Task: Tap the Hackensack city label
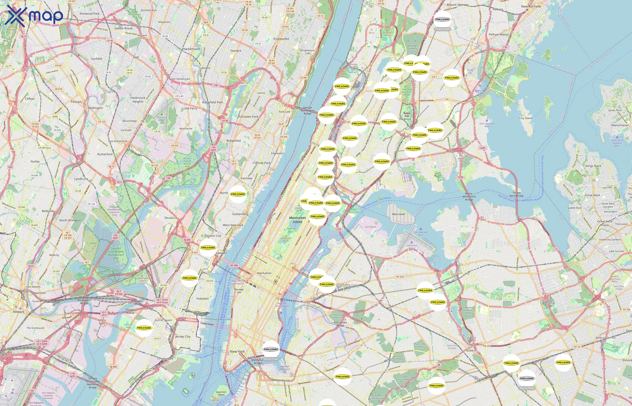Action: pos(191,49)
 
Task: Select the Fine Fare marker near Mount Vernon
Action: pos(442,19)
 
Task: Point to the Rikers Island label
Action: pos(398,214)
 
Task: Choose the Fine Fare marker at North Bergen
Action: pos(238,194)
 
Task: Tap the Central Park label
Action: pos(291,230)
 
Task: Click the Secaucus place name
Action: pos(171,218)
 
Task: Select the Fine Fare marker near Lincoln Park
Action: pos(144,328)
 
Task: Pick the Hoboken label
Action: pos(202,299)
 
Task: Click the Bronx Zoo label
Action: pos(407,114)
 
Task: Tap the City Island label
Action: pos(526,118)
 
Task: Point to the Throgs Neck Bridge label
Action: pos(516,194)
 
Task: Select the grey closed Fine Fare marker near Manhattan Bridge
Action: pos(271,349)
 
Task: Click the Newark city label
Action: pos(19,312)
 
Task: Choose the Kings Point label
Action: pos(593,166)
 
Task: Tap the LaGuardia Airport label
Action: pos(412,247)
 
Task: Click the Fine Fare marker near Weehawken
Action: pos(208,248)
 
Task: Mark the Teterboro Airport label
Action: pos(162,119)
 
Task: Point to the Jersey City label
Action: pos(183,337)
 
